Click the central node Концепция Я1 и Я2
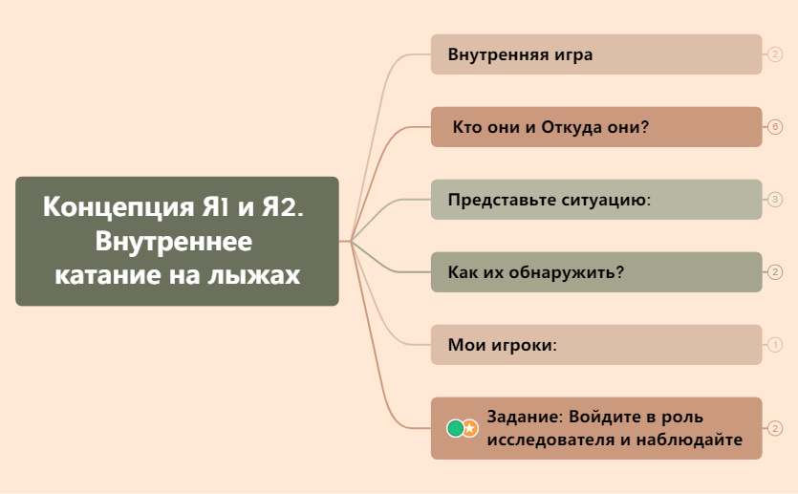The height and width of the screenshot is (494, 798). (x=177, y=241)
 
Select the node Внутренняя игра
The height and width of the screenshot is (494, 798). (x=595, y=54)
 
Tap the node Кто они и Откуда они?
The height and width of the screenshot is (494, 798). (x=595, y=127)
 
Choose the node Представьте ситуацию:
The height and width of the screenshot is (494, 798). (x=595, y=200)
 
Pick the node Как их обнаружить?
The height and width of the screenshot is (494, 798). (x=595, y=272)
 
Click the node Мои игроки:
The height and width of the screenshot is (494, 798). (x=595, y=344)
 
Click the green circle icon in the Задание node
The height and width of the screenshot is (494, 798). (x=456, y=428)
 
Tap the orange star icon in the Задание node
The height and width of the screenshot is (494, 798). (x=470, y=428)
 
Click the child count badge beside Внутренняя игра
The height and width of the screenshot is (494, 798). (x=775, y=54)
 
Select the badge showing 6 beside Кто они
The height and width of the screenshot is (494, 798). (x=775, y=127)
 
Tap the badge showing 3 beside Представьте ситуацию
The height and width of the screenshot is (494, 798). (x=775, y=200)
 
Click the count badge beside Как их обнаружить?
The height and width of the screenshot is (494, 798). (x=775, y=272)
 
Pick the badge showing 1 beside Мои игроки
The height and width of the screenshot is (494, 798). (x=775, y=344)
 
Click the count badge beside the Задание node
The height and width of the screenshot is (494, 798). (x=775, y=428)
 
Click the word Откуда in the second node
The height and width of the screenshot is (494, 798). (x=572, y=127)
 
